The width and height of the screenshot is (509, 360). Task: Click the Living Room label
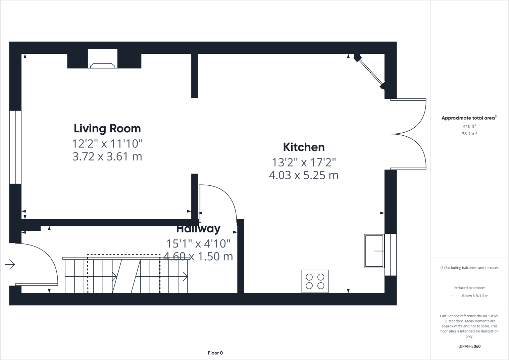tap(107, 128)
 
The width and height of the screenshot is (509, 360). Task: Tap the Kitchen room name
tap(304, 147)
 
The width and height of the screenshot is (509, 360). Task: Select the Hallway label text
tap(198, 229)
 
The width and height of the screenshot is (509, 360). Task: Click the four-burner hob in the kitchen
tap(315, 281)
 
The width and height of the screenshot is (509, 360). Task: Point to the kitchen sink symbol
tap(374, 251)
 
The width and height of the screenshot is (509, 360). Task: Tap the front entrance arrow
tap(10, 265)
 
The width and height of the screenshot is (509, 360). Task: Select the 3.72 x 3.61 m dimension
tap(107, 156)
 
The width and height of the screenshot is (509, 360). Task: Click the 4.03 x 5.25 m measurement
tap(304, 175)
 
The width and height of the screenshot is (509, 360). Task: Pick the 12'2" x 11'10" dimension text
tap(107, 144)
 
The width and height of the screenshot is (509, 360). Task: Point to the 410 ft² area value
tap(469, 126)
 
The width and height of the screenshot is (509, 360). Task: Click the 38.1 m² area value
tap(469, 134)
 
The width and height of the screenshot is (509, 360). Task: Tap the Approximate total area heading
tap(469, 118)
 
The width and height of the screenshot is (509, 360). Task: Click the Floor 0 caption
tap(215, 353)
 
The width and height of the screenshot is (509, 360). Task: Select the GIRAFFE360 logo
tap(469, 346)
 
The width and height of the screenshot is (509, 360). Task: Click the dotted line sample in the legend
tap(455, 296)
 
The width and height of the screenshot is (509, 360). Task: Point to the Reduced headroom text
tap(469, 288)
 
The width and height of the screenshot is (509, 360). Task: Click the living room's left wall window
tap(15, 147)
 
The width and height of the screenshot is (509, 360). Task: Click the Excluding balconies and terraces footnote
tap(469, 268)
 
